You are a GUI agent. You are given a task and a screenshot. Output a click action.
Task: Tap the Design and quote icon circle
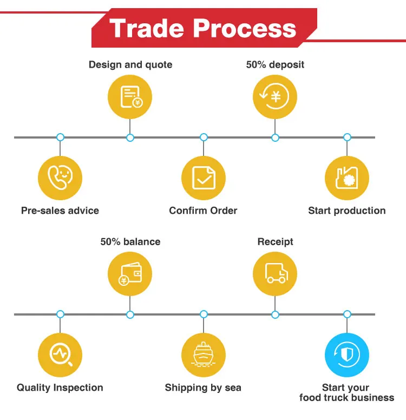pos(130,97)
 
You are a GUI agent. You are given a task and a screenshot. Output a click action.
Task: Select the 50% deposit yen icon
pos(275,97)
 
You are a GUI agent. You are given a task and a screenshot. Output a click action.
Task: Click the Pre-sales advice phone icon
pos(60,178)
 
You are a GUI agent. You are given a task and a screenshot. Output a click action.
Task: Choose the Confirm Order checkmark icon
pos(204,178)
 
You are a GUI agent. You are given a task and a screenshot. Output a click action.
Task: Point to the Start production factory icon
pos(346,178)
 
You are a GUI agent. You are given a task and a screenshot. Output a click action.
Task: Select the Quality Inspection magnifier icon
pos(60,355)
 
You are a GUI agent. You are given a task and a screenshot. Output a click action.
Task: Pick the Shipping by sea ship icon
pos(204,355)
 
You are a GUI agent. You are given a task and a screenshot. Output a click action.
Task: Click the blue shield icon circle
pos(346,355)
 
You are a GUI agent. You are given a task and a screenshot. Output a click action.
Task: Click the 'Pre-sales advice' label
pos(60,211)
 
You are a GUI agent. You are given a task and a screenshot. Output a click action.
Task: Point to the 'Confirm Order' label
pos(203,211)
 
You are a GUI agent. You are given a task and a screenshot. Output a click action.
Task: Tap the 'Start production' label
pos(347,211)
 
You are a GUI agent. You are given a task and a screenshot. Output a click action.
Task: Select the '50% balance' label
pos(130,241)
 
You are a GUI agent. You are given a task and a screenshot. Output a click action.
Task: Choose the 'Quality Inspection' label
pos(60,388)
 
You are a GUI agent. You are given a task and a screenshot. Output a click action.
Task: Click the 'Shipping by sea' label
pos(203,388)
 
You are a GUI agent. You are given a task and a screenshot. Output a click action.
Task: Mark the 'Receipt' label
pos(275,241)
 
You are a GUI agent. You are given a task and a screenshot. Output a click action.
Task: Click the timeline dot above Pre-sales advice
pos(60,137)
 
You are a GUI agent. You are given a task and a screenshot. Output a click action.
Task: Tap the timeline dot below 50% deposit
pos(275,137)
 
